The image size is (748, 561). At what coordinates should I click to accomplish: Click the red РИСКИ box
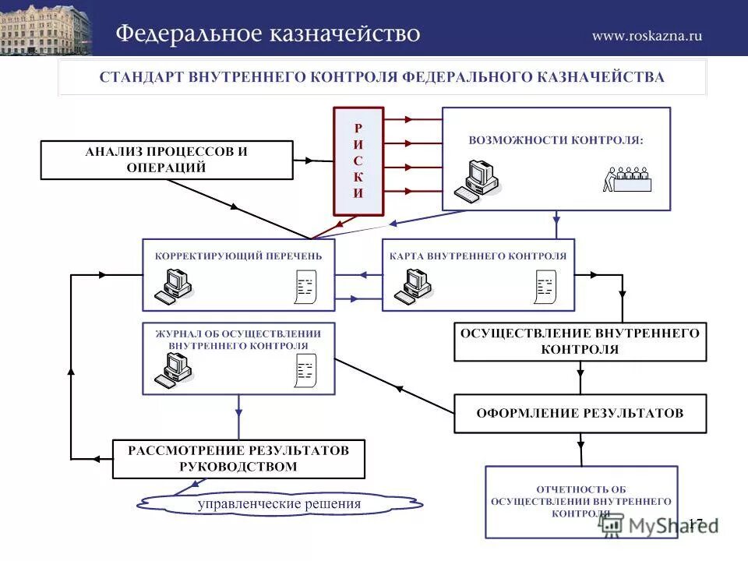(358, 161)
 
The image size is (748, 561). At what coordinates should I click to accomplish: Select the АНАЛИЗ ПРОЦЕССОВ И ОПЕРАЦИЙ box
(167, 160)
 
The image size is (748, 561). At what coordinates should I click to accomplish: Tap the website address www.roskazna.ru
(647, 35)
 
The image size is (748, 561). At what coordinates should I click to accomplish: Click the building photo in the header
(45, 29)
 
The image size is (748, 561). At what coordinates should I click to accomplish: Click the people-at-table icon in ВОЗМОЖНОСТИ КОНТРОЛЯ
(628, 179)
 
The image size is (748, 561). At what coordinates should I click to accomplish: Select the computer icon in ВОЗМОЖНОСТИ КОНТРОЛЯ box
(477, 181)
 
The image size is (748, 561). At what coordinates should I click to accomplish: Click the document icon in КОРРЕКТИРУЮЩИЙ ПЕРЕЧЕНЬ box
(304, 288)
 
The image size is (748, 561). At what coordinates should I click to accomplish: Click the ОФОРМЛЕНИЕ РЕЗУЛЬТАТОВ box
(580, 414)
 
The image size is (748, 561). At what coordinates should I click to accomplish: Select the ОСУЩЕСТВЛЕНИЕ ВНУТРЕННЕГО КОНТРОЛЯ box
(580, 341)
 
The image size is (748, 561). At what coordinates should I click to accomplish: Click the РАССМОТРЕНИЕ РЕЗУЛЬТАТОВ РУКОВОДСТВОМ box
(238, 459)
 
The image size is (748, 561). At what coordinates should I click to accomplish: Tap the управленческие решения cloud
(280, 504)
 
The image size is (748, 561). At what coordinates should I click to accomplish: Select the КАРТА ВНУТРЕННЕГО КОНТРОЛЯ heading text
(478, 256)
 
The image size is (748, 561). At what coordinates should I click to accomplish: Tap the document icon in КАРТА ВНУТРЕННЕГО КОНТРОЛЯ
(544, 288)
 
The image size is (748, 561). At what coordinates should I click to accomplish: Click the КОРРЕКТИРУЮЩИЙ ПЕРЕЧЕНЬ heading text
(238, 256)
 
